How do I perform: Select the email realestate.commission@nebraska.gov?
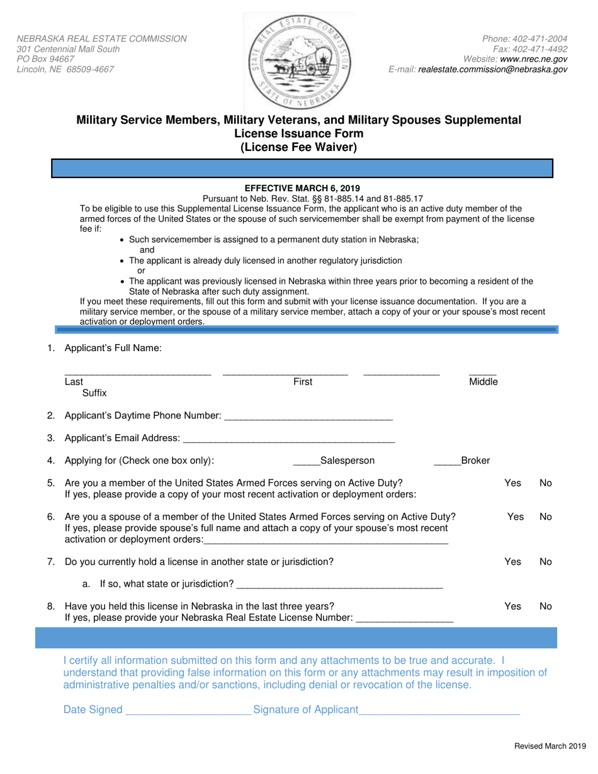point(493,69)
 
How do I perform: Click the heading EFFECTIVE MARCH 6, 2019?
point(298,188)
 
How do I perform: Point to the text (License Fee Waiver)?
point(298,148)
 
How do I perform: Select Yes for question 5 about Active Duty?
point(512,483)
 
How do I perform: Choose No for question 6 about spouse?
point(545,517)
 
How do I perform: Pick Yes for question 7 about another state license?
point(512,561)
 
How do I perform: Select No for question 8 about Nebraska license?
point(545,606)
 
